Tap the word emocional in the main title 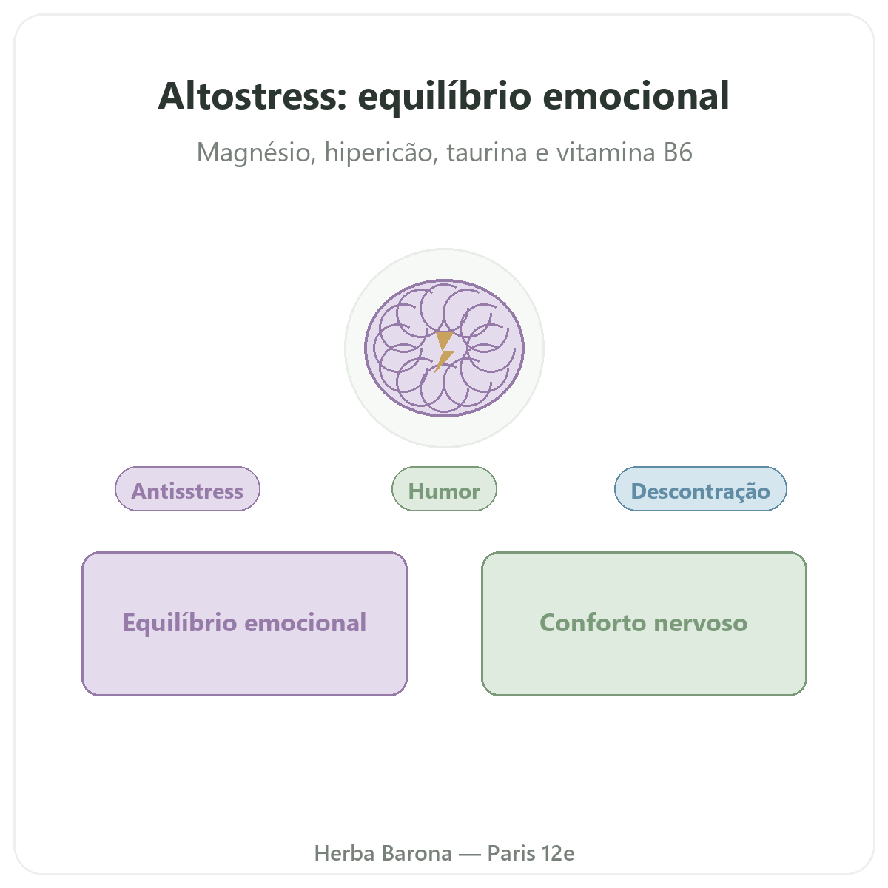click(636, 96)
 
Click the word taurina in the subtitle click(487, 152)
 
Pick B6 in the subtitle click(678, 152)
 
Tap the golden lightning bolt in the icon click(444, 351)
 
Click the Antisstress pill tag click(187, 489)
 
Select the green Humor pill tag click(444, 489)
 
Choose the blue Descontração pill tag click(701, 489)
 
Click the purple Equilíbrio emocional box click(244, 624)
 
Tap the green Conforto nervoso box click(644, 624)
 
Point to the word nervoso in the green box click(701, 624)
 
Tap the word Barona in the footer click(417, 853)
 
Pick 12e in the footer click(558, 853)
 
